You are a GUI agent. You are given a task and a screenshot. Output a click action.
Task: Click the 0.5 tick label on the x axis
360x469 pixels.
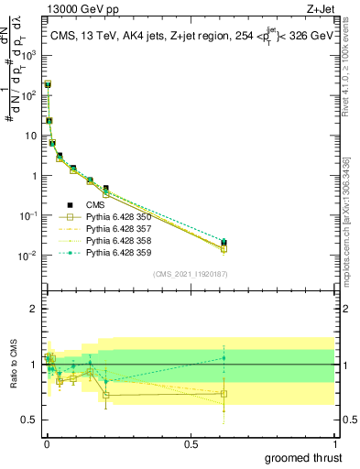pyautogui.click(x=191, y=442)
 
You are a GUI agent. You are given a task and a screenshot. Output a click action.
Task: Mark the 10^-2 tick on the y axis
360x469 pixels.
pyautogui.click(x=27, y=256)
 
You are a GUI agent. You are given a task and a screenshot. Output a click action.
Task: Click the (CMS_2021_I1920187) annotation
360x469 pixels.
pyautogui.click(x=190, y=274)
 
